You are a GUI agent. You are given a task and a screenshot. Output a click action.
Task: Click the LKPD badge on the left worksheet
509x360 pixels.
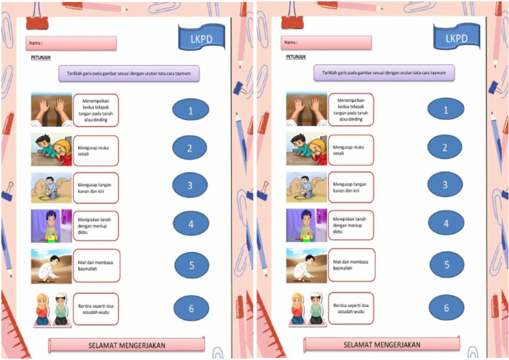tap(201, 38)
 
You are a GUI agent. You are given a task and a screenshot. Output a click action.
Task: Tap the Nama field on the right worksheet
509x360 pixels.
tap(325, 43)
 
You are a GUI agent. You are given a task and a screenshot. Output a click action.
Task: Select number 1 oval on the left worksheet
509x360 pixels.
tap(190, 110)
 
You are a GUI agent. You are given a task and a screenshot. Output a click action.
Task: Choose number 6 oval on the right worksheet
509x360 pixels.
tap(446, 308)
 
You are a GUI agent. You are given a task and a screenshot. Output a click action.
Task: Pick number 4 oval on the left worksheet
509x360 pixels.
tap(190, 223)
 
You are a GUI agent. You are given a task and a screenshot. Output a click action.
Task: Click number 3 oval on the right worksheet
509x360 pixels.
tap(445, 185)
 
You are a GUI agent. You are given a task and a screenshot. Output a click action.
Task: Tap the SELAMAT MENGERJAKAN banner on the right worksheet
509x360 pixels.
tap(382, 345)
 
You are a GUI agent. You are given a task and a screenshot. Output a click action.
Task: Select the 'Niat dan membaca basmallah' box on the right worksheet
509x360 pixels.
tap(351, 265)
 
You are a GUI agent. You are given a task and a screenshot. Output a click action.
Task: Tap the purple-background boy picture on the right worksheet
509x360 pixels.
tap(306, 225)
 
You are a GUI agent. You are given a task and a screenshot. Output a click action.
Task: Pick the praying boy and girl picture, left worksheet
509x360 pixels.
tap(51, 309)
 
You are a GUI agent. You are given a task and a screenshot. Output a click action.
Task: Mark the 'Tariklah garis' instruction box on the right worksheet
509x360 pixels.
tap(384, 73)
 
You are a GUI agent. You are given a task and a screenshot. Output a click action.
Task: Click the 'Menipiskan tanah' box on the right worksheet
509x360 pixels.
tap(351, 225)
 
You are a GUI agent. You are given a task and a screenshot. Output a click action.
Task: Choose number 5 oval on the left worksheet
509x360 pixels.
tap(192, 265)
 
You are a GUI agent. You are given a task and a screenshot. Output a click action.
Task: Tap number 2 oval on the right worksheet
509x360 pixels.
tap(445, 148)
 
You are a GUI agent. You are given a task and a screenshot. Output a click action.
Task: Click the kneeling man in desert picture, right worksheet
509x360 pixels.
tap(306, 266)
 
